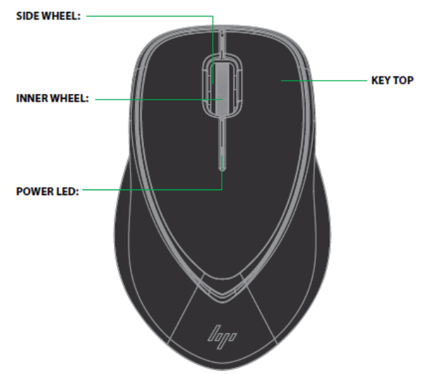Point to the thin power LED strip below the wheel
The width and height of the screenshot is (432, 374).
[x=223, y=151]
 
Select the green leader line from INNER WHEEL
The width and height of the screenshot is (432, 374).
[x=155, y=99]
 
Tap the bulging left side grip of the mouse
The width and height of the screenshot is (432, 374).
[x=126, y=232]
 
